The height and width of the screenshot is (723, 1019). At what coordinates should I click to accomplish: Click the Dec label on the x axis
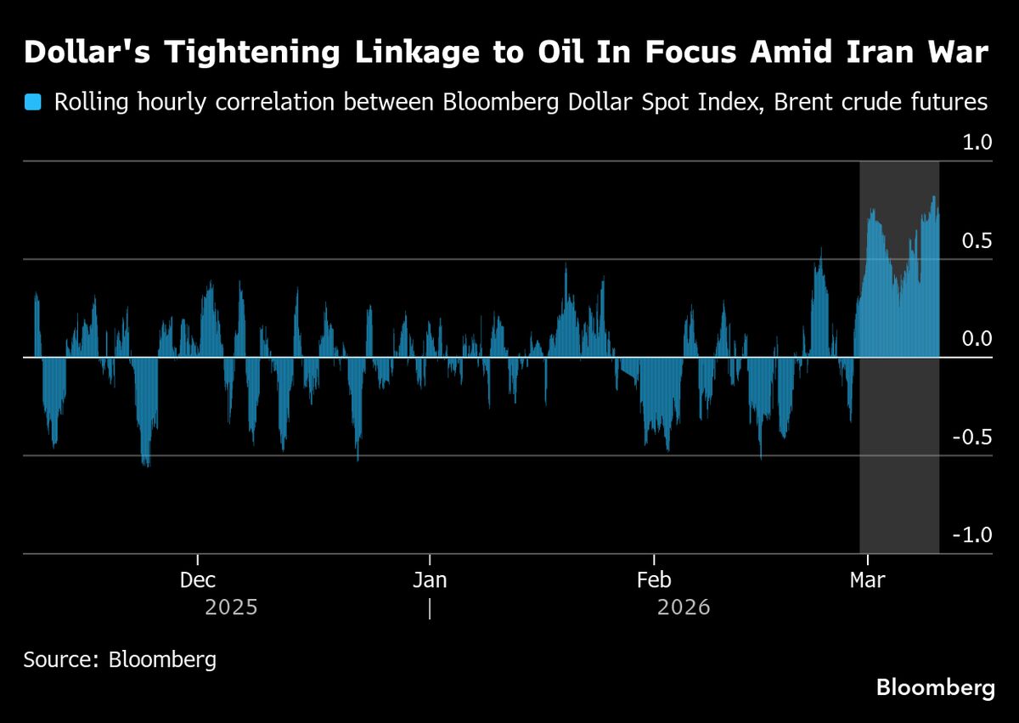[x=197, y=581]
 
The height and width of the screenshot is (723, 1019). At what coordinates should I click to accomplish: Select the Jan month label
[x=430, y=581]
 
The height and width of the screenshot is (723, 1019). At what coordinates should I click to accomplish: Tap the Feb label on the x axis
[x=653, y=581]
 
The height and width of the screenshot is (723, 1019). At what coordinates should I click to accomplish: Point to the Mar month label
[x=867, y=581]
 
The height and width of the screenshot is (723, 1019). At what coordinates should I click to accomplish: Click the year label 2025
[x=231, y=609]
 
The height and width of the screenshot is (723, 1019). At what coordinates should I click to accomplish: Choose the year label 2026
[x=684, y=609]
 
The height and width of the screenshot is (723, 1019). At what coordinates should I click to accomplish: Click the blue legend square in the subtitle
[x=33, y=104]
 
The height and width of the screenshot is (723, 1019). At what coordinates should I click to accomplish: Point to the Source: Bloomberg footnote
[x=120, y=659]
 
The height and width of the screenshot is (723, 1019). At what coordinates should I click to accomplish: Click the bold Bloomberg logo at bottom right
[x=935, y=687]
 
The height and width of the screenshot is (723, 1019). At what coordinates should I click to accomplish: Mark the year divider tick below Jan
[x=431, y=609]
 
